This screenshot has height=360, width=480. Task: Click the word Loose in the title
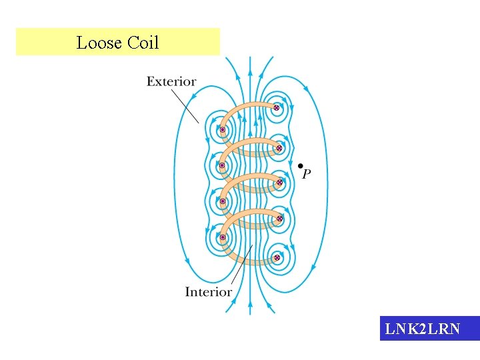[99, 43]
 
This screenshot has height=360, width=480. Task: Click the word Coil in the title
[143, 43]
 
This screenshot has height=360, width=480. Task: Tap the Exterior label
[171, 82]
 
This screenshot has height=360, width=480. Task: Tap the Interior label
[208, 291]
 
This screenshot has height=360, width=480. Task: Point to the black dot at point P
[301, 165]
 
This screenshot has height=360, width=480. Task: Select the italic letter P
[306, 175]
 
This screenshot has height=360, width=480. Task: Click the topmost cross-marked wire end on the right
[276, 107]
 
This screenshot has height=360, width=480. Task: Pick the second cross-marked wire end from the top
[279, 147]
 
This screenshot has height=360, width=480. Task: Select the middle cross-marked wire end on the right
[280, 182]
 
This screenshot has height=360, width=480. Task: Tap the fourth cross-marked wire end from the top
[280, 219]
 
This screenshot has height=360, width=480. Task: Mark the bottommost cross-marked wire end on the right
[277, 257]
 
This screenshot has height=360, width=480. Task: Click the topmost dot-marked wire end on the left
[222, 130]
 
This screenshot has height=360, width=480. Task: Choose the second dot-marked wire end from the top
[222, 165]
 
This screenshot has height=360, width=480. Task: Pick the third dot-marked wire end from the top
[222, 201]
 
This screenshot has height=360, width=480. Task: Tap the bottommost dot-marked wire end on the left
[223, 237]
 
